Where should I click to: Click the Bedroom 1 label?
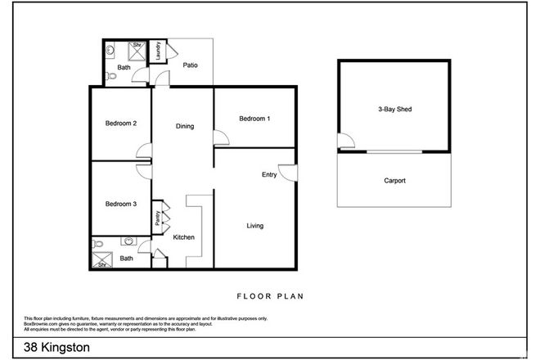point(254,119)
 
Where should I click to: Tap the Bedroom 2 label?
point(120,124)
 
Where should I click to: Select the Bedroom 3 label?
point(120,204)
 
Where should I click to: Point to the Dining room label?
point(185,126)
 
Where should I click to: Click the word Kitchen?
point(183,237)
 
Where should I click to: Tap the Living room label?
point(254,226)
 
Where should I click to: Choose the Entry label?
point(269,174)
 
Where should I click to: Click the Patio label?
point(190,65)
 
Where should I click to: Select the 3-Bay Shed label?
point(394,109)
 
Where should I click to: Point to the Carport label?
point(394,181)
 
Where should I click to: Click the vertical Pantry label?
point(157,218)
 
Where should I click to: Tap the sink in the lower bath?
point(129,242)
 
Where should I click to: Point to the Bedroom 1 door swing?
point(218,138)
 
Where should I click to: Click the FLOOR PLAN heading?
point(270,296)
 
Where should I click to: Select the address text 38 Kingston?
point(56,347)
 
